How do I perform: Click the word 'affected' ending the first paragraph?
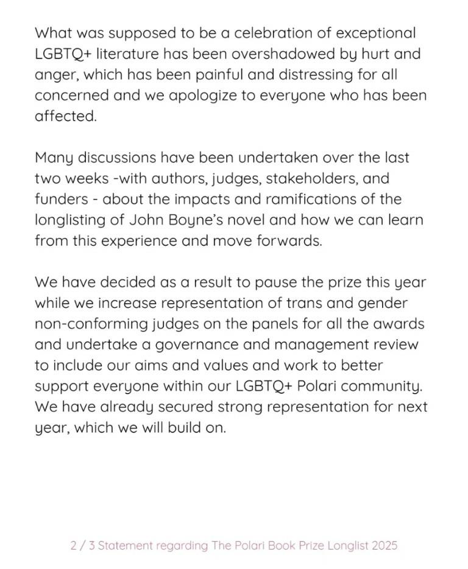(x=65, y=116)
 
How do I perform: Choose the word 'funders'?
(x=60, y=199)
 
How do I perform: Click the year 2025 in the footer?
(x=384, y=545)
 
